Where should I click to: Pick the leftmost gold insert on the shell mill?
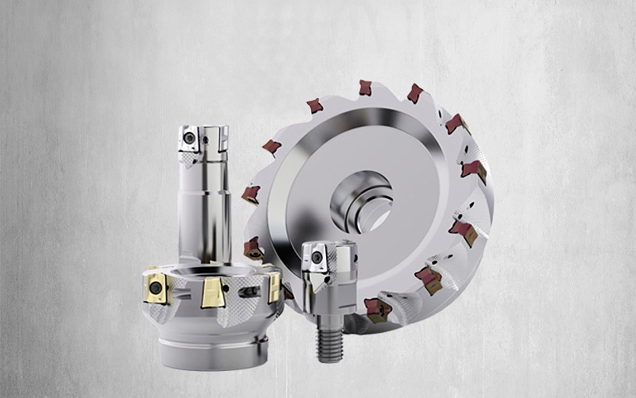tap(156, 288)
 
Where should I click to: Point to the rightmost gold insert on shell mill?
tap(274, 287)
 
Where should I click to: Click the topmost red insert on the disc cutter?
tap(365, 88)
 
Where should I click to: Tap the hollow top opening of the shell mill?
tap(214, 271)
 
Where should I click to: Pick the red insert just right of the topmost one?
tap(415, 93)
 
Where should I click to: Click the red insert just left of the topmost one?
tap(314, 106)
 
